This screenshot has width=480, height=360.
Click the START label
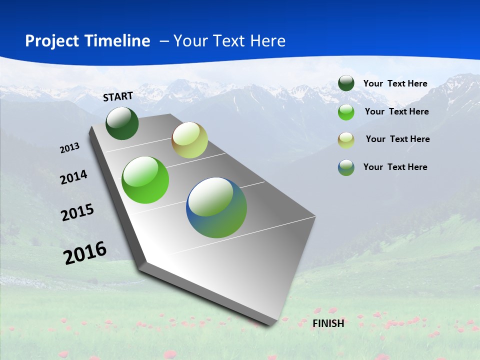point(118,96)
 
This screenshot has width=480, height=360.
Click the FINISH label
point(328,323)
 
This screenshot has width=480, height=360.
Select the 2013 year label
point(70,147)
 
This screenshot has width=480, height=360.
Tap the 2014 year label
point(73,177)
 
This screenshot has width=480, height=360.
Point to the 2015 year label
point(77,212)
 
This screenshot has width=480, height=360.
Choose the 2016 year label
point(85,253)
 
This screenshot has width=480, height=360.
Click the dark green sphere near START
point(122,123)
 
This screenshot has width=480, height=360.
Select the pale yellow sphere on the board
point(189,140)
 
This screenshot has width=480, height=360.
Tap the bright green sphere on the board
point(145,180)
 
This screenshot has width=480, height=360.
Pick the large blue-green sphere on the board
point(216,207)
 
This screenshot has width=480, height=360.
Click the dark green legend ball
point(346,83)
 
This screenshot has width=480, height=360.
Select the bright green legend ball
point(346,112)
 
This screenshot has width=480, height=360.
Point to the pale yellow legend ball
point(346,140)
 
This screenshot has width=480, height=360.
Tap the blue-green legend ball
point(346,167)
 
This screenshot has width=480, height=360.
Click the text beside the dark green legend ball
point(395,83)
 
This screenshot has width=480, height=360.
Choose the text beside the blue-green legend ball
point(395,167)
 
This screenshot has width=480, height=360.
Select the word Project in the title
point(51,41)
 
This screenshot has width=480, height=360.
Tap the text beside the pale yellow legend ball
point(397,139)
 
